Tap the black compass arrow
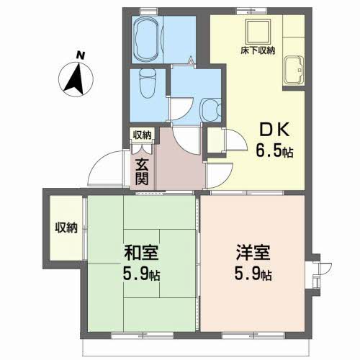(x=74, y=78)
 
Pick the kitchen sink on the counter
(x=295, y=70)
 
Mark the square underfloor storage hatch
(x=257, y=30)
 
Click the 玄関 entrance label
(x=142, y=171)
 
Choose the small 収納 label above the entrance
(x=142, y=135)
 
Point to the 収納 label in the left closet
(x=66, y=228)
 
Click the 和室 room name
(x=142, y=255)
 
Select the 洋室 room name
(x=253, y=255)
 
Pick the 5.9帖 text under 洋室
(x=253, y=275)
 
